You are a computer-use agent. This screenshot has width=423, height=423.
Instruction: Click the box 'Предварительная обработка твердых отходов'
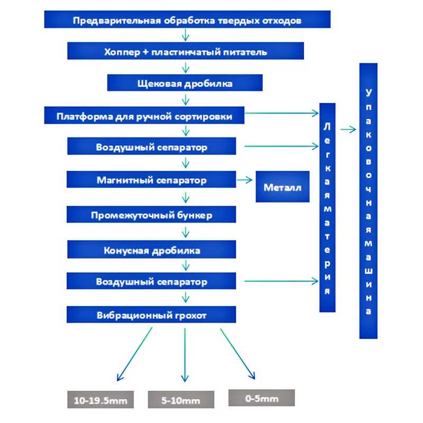[187, 21]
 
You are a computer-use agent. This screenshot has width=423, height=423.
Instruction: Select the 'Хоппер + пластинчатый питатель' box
[186, 52]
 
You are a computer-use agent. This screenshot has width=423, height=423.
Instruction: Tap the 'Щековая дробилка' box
[185, 84]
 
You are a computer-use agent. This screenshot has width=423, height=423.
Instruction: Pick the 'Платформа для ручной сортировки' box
[144, 116]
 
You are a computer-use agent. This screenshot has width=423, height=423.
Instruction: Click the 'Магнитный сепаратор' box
[151, 180]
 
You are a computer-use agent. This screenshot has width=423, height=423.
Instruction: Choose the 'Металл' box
[282, 187]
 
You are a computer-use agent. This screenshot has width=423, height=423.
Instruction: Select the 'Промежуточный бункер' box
[151, 215]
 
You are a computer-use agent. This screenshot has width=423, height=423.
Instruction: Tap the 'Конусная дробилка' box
[151, 250]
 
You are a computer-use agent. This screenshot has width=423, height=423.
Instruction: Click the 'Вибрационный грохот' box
[151, 316]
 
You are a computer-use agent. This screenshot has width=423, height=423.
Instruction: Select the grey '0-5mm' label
[261, 398]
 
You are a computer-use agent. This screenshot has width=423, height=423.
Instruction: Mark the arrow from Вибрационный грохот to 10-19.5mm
[134, 353]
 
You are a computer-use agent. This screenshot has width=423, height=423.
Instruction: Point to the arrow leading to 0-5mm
[237, 353]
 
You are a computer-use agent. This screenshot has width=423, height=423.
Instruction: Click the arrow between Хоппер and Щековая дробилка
[185, 68]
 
